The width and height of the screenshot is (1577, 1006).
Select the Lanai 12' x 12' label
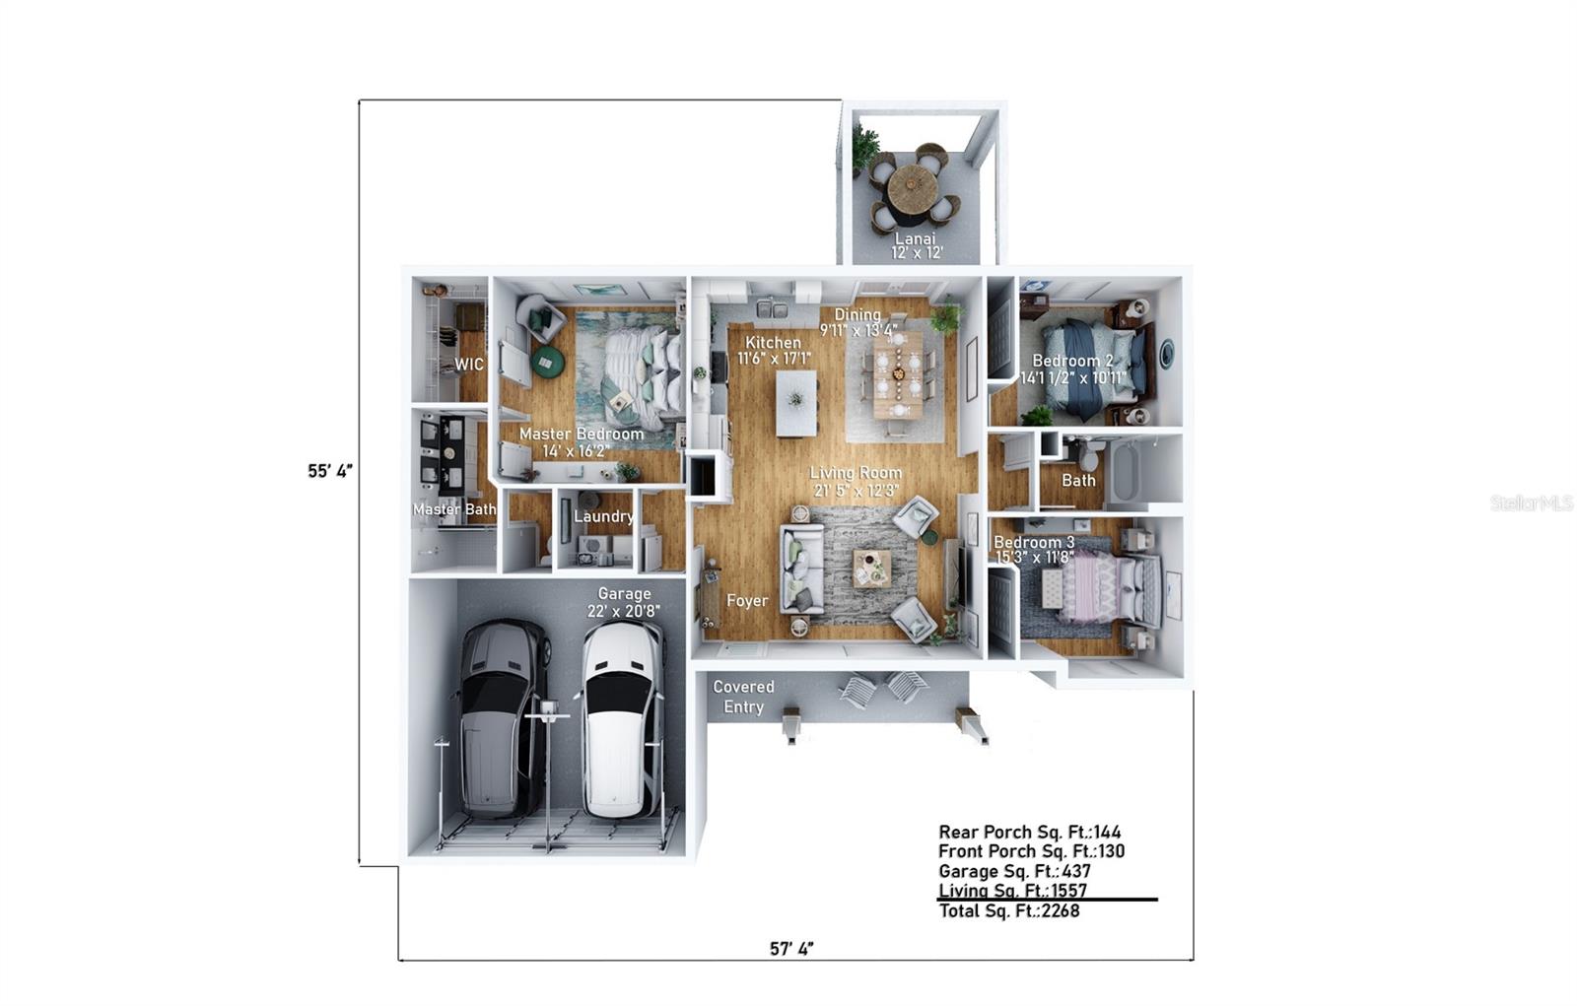pos(918,245)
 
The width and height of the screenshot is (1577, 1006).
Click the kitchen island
pos(795,402)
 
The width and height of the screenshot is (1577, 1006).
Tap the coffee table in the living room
pos(870,568)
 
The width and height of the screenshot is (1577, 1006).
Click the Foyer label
pos(746,600)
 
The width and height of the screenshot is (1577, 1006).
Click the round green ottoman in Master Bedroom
pos(546,363)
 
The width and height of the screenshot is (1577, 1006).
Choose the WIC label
pos(469,365)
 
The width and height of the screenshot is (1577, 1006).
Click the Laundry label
pos(603,516)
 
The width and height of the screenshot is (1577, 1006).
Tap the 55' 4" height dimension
pos(330,471)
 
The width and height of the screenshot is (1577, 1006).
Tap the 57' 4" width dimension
pos(791,949)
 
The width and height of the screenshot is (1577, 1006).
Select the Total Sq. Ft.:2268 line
pos(1008,910)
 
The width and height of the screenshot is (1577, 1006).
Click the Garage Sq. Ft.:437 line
pos(1014,871)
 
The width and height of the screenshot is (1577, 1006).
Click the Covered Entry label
pos(743,697)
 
